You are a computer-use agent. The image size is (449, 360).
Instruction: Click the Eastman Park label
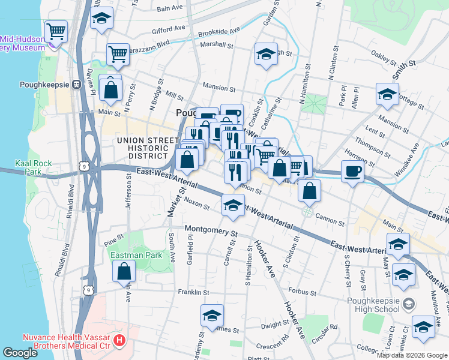point(136,255)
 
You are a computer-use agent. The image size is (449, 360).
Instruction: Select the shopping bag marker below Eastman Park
point(124,271)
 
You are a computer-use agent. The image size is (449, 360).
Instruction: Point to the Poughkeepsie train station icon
point(76,85)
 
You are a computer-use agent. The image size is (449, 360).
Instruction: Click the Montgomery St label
point(211,229)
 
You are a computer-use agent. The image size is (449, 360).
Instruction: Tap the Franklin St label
point(193,292)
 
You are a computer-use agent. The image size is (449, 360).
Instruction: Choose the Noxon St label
point(196,204)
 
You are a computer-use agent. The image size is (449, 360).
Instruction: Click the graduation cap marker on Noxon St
point(233,206)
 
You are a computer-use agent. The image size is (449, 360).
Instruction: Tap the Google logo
point(21,353)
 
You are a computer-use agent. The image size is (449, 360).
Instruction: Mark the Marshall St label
point(217,44)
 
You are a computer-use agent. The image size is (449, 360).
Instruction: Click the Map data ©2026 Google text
point(412,355)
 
